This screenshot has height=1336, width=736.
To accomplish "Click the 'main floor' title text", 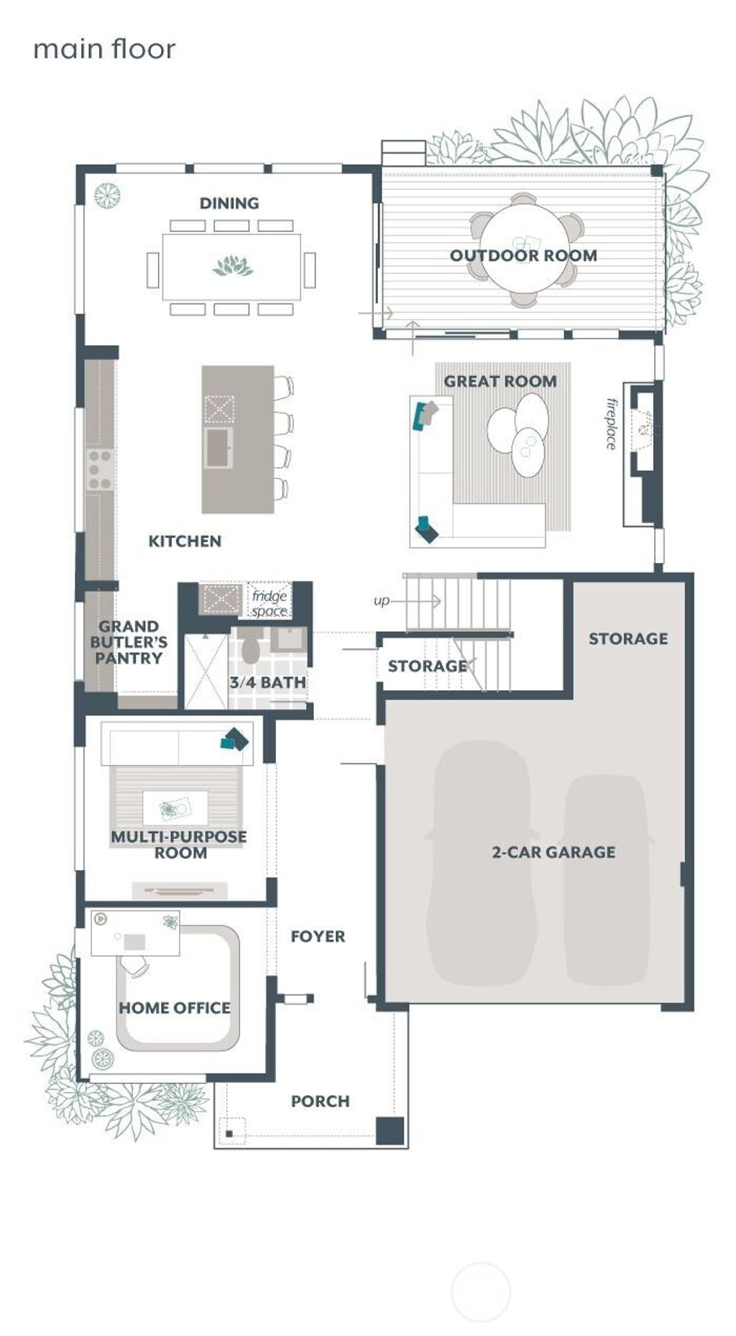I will tap(104, 49).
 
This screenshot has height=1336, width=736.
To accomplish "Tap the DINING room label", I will tap(229, 203).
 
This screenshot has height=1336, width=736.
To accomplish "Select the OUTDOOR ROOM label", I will tap(523, 255).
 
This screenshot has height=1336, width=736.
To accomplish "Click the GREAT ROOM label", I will tap(500, 381).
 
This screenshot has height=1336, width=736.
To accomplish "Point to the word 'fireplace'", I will tap(612, 424).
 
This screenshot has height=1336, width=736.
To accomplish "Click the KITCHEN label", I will tap(185, 541).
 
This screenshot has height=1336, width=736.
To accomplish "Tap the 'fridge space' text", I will tap(270, 603).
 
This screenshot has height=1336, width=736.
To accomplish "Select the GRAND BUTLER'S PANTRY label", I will tap(129, 642).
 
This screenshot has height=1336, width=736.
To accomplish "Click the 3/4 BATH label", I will tap(268, 682).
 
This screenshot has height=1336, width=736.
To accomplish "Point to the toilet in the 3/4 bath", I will tap(250, 649).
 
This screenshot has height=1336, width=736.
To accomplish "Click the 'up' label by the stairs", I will tap(381, 600).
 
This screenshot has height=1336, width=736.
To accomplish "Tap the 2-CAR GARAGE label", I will tap(553, 852).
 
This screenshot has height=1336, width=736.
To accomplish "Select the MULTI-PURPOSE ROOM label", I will tap(179, 845).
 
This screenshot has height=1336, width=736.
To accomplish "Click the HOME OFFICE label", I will tap(175, 1008).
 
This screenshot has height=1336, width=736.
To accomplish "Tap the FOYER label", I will tap(318, 936).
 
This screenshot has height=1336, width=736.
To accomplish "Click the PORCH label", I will tap(320, 1101).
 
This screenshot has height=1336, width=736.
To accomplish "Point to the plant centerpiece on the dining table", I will tap(233, 266).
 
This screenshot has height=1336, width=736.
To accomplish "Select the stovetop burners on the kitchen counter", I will tap(99, 464).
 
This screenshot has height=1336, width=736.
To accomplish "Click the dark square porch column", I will tap(390, 1131).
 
